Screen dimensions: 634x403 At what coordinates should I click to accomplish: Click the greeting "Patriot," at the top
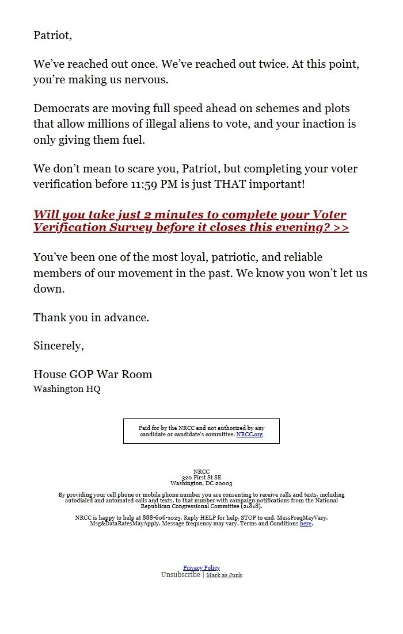click(x=52, y=35)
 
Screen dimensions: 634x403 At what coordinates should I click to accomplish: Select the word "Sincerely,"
click(x=59, y=346)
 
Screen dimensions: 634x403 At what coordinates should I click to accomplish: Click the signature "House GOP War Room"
click(x=93, y=374)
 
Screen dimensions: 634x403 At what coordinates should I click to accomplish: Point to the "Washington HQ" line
click(x=67, y=389)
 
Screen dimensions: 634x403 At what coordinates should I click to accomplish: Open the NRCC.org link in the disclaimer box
click(x=249, y=435)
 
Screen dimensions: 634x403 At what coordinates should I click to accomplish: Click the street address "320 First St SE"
click(x=201, y=478)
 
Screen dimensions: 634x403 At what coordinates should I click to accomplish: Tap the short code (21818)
click(x=250, y=506)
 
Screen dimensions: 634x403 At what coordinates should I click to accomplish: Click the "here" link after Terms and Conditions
click(x=306, y=524)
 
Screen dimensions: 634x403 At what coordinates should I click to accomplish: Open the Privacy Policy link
click(x=201, y=568)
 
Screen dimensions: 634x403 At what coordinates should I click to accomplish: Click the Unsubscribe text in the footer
click(x=180, y=575)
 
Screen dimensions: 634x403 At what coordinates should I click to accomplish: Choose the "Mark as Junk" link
click(x=224, y=575)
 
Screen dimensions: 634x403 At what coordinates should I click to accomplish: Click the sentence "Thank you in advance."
click(x=91, y=317)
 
